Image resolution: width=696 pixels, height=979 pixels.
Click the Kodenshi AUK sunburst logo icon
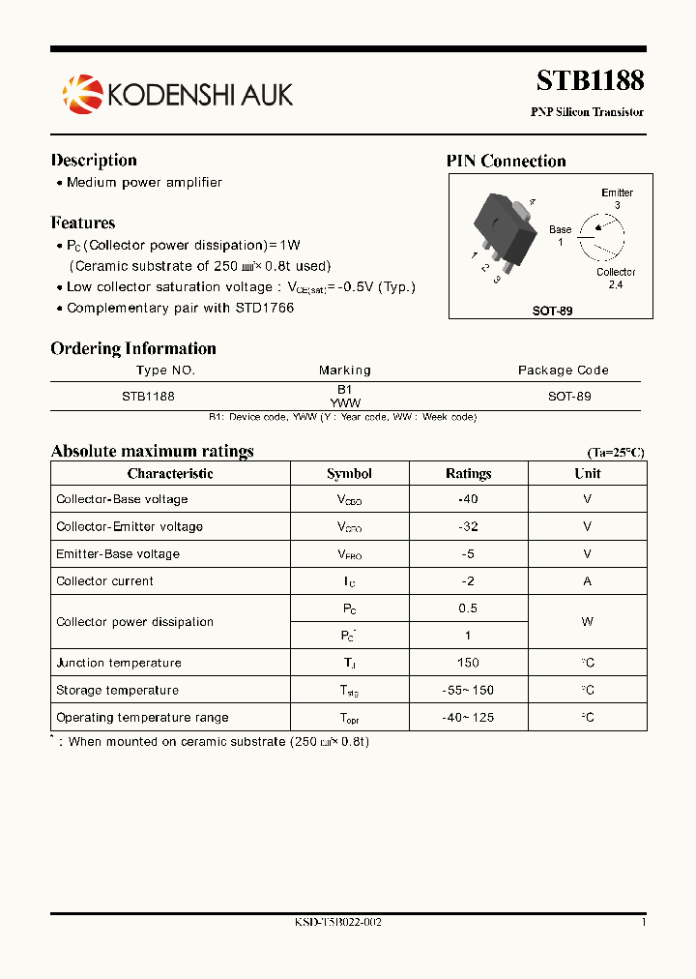tap(81, 93)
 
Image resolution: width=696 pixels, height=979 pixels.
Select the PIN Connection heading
tap(506, 161)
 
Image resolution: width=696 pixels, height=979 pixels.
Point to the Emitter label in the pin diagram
tap(617, 193)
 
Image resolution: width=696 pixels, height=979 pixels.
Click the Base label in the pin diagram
tap(560, 230)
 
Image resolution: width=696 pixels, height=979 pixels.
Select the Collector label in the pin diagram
tap(616, 273)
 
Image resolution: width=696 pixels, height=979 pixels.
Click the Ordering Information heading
tap(133, 348)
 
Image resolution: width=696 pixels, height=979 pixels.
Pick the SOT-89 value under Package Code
tap(568, 397)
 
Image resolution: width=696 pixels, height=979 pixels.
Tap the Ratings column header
tap(468, 474)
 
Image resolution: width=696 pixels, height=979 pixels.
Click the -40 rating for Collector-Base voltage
tap(468, 499)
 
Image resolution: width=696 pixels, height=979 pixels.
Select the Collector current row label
tap(104, 581)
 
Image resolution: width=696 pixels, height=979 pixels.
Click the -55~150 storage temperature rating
tap(468, 691)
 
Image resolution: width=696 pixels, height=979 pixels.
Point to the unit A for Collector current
tap(587, 581)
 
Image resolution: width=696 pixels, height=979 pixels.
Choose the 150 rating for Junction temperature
tap(468, 664)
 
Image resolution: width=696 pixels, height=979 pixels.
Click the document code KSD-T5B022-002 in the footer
tap(337, 922)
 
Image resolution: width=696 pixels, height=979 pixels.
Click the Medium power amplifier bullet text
tap(144, 182)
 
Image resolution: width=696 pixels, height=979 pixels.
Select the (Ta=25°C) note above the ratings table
tap(615, 453)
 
